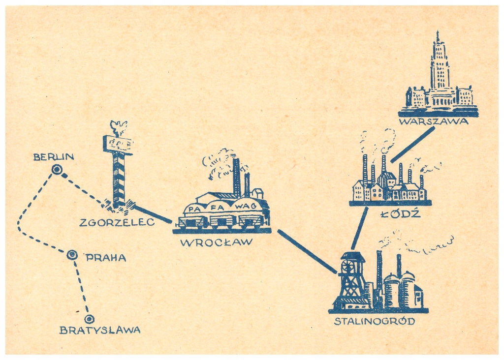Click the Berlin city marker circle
point(57,170)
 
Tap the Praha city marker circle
point(72,255)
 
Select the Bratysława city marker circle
point(89,319)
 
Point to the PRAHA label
point(106,257)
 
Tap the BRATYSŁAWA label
point(100,330)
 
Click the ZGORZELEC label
point(117,222)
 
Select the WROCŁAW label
point(217,242)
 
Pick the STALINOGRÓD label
point(375,322)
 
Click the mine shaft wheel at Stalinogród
point(350,266)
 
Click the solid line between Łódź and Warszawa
point(413,144)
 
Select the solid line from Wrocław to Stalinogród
point(307,251)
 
